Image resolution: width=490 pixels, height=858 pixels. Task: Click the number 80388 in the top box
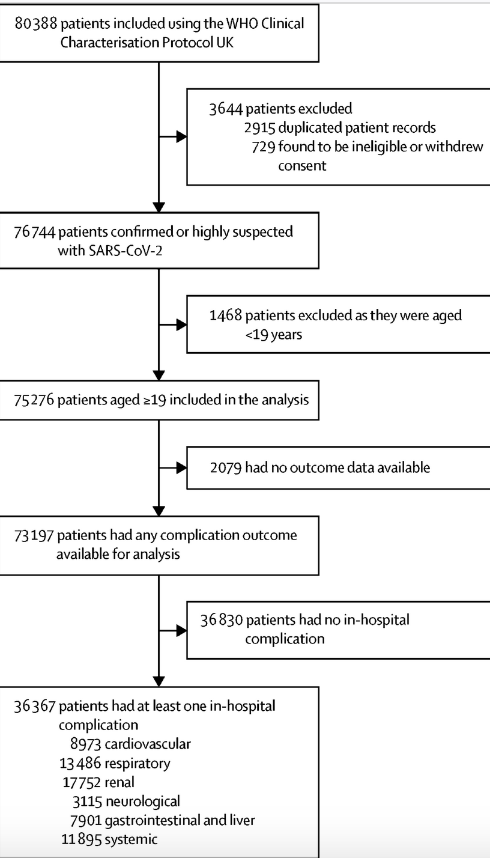coord(35,24)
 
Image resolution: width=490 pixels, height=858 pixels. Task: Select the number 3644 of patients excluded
coord(225,109)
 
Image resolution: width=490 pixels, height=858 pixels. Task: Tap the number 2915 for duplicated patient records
coord(259,127)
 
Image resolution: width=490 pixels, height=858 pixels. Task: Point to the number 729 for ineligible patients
coord(264,147)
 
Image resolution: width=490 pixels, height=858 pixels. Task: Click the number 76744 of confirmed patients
coord(35,232)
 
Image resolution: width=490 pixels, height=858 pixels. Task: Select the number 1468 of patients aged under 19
coord(225,315)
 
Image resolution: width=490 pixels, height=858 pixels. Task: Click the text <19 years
coord(274,335)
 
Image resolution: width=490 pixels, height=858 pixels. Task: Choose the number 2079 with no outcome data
coord(226,467)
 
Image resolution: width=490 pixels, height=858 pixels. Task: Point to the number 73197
coord(34,535)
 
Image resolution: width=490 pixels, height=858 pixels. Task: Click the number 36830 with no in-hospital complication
coord(222,620)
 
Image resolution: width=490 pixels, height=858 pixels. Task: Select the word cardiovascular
coord(147,744)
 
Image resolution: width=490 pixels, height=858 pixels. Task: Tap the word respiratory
coord(137,764)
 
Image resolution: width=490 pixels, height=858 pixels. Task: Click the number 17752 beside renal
coord(82,782)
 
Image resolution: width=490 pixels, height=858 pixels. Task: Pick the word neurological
coord(143,802)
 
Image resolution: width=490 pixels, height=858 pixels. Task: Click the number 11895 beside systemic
coord(82,839)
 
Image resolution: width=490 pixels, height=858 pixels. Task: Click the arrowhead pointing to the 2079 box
coord(181,467)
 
